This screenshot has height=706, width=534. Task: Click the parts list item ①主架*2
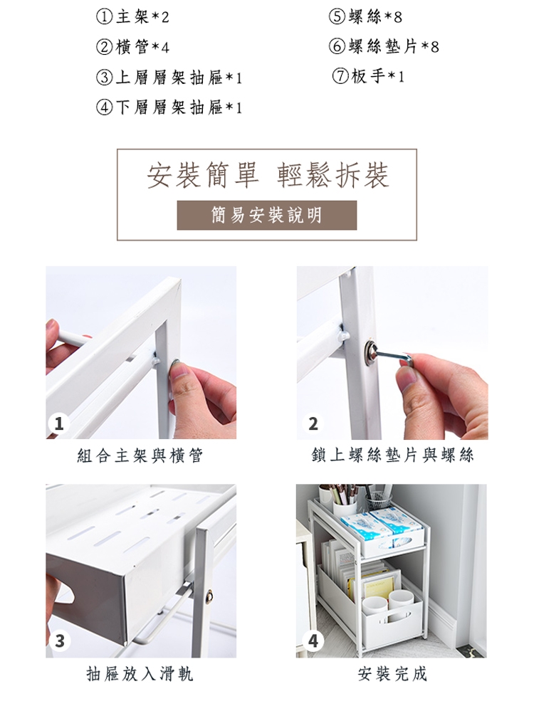[132, 17]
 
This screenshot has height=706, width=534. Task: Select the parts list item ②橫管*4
[132, 47]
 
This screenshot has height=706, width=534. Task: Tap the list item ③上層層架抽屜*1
[169, 78]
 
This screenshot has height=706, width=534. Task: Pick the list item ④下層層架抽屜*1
[169, 107]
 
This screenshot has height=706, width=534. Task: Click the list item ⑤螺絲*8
[365, 17]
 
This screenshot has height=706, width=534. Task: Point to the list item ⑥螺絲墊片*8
[384, 46]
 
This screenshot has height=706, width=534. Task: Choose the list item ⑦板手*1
[368, 76]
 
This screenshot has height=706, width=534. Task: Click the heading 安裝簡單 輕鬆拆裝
[267, 175]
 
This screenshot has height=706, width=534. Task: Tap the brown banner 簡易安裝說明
[267, 215]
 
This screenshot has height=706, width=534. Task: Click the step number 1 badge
[59, 423]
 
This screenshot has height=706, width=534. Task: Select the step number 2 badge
[313, 423]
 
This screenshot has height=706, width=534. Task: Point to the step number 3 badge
[60, 641]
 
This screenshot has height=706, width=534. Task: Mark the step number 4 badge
[313, 641]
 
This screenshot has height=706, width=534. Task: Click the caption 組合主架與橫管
[140, 455]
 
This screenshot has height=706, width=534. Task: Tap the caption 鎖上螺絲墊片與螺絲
[392, 455]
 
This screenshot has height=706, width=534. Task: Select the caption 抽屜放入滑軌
[140, 674]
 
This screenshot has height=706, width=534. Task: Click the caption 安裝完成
[392, 674]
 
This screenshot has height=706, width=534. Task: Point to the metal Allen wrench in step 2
[394, 354]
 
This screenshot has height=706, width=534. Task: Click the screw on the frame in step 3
[209, 596]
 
